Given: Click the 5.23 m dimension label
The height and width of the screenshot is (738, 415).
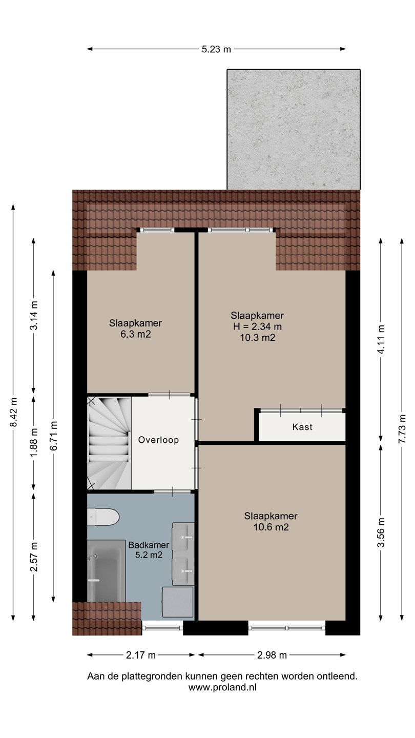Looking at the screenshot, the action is (x=216, y=49).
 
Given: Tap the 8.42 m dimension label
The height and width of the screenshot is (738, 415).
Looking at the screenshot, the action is (x=13, y=412).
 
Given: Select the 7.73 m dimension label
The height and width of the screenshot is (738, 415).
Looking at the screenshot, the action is (x=402, y=428).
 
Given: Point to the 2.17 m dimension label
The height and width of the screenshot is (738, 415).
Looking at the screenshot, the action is (x=140, y=655).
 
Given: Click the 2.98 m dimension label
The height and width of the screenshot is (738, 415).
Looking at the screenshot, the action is (x=272, y=655).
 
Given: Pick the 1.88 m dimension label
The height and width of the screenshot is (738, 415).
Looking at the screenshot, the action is (x=34, y=442).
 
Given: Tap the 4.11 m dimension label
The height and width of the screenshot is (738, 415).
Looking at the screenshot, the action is (x=381, y=339).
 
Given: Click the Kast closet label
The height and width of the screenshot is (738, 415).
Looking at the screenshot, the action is (x=302, y=427).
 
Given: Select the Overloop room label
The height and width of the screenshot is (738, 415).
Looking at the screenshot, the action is (x=158, y=440).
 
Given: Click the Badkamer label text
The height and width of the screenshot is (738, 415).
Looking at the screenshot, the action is (x=149, y=545).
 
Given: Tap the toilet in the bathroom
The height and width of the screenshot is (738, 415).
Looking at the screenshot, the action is (x=103, y=517).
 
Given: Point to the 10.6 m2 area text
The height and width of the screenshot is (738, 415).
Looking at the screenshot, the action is (x=271, y=527).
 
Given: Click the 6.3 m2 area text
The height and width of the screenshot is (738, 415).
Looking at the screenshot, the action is (x=135, y=334).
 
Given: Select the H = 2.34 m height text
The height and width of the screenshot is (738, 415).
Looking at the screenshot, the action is (x=258, y=326).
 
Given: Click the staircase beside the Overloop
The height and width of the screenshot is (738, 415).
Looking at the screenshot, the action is (x=109, y=443).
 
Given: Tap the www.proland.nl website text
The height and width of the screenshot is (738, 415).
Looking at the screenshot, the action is (x=222, y=687).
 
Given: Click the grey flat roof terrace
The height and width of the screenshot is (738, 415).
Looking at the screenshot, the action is (x=294, y=130).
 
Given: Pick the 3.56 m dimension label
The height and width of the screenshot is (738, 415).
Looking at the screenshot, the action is (x=381, y=532).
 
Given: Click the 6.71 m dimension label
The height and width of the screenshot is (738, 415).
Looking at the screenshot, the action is (x=54, y=435).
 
